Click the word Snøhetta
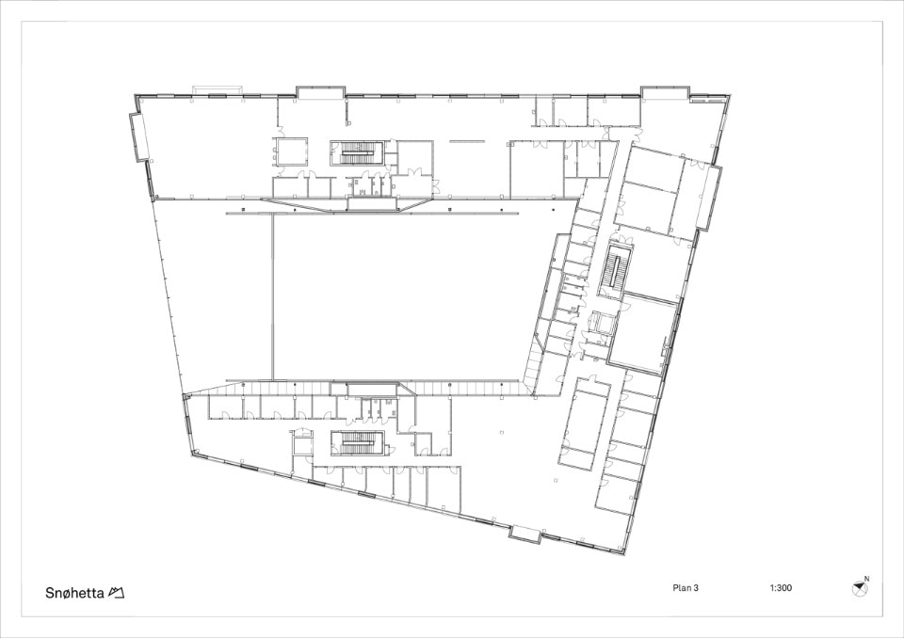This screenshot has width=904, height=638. (75, 593)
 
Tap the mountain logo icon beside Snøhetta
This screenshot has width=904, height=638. (117, 593)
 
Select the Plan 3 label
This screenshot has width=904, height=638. (686, 588)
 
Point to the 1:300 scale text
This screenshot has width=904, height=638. (781, 588)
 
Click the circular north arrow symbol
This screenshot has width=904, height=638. (859, 588)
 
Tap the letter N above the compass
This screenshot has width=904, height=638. (866, 579)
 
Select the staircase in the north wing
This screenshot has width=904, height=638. (352, 152)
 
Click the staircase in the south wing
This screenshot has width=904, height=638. (357, 443)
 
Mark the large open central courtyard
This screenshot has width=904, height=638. (397, 296)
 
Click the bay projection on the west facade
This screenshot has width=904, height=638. (139, 136)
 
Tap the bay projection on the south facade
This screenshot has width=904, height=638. (525, 534)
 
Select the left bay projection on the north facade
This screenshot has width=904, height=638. (320, 92)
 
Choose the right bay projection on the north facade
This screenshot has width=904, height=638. (665, 93)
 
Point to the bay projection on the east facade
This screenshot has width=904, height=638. (710, 199)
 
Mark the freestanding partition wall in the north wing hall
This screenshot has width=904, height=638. (466, 139)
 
